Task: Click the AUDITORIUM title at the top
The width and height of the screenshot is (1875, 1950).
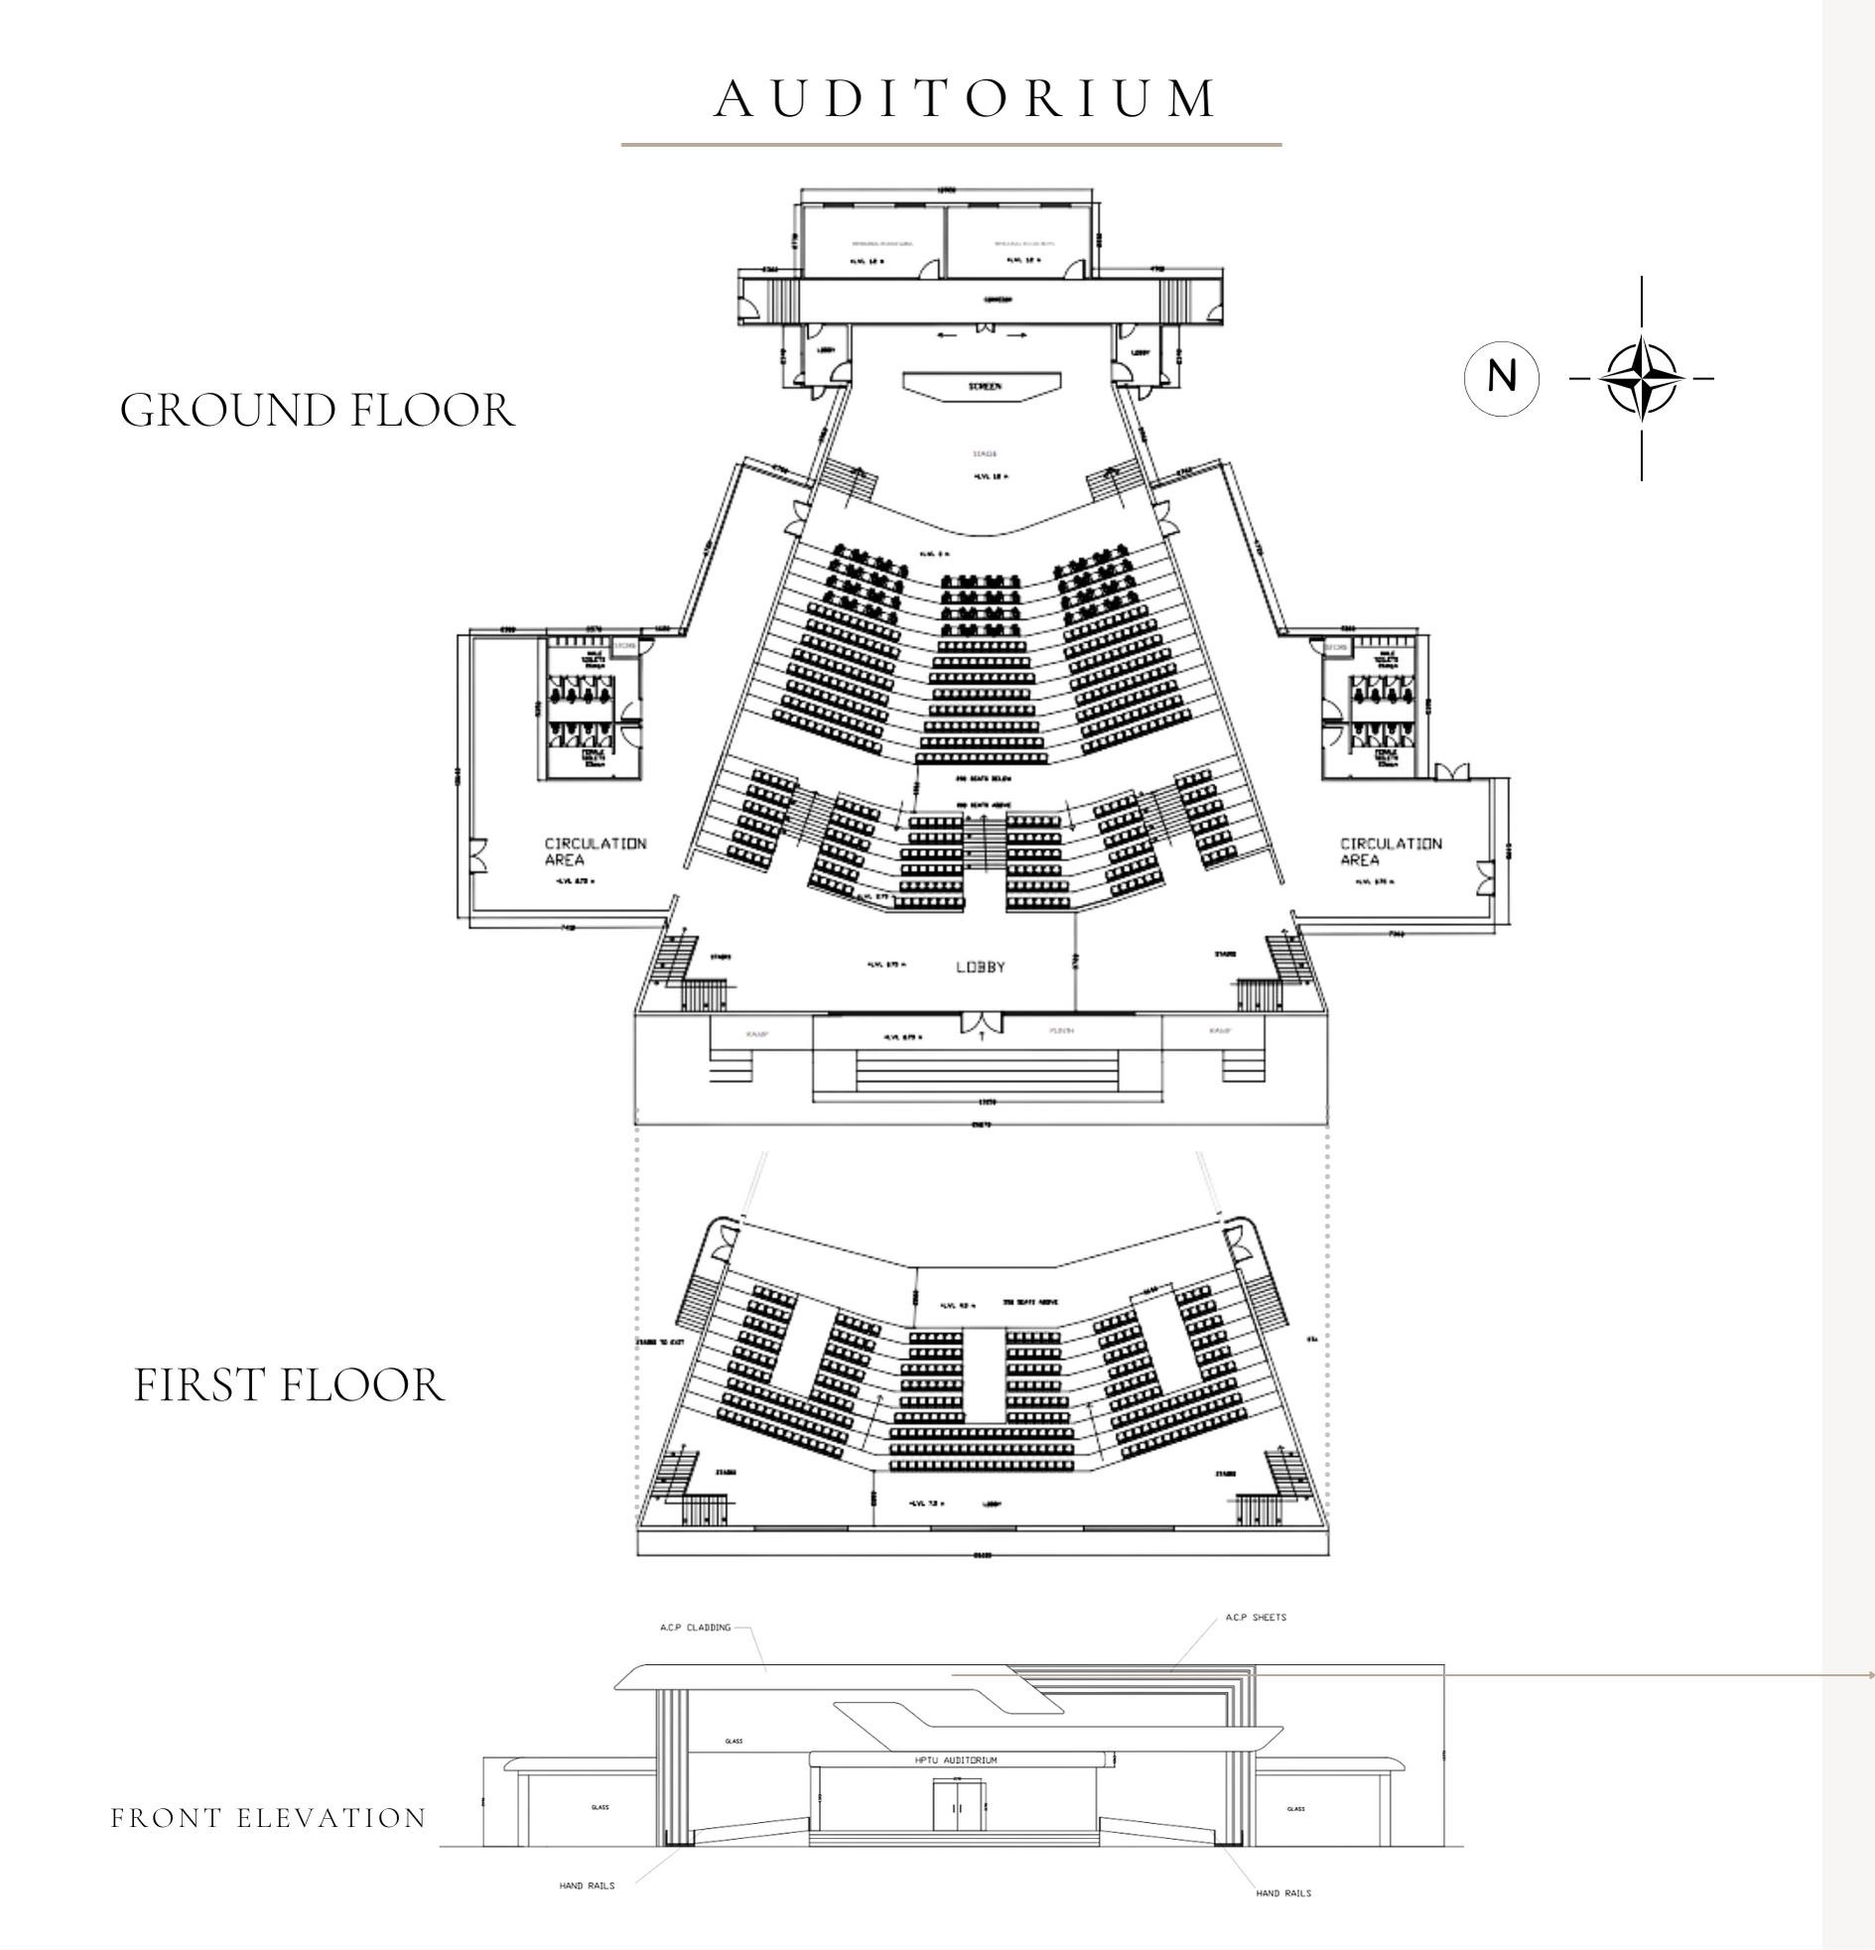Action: pos(965,98)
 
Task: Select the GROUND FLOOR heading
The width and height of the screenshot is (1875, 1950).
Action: pos(318,411)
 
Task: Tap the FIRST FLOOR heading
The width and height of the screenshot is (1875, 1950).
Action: pos(289,1386)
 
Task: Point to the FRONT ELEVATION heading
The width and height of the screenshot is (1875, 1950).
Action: pos(269,1819)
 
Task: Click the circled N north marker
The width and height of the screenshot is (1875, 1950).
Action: pos(1501,378)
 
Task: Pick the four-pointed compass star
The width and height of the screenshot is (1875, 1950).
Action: pos(1641,378)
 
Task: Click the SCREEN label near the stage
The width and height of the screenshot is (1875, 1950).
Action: pos(984,386)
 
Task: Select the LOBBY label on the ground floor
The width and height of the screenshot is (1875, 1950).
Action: pos(981,967)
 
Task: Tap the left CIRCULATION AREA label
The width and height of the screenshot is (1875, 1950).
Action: pos(596,851)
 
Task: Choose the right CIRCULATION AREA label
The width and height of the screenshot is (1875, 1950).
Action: pos(1391,851)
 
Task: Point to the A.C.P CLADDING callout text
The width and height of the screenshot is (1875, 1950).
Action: pos(695,1627)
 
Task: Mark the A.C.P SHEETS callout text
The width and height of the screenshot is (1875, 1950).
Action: pos(1256,1618)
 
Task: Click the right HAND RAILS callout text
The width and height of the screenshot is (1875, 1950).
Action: pos(1282,1893)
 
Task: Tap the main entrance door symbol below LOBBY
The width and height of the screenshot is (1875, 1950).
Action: pos(980,1023)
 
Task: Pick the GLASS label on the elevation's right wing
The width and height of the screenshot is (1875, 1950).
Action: pos(1295,1809)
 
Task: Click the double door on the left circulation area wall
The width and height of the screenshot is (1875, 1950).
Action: pos(479,855)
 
